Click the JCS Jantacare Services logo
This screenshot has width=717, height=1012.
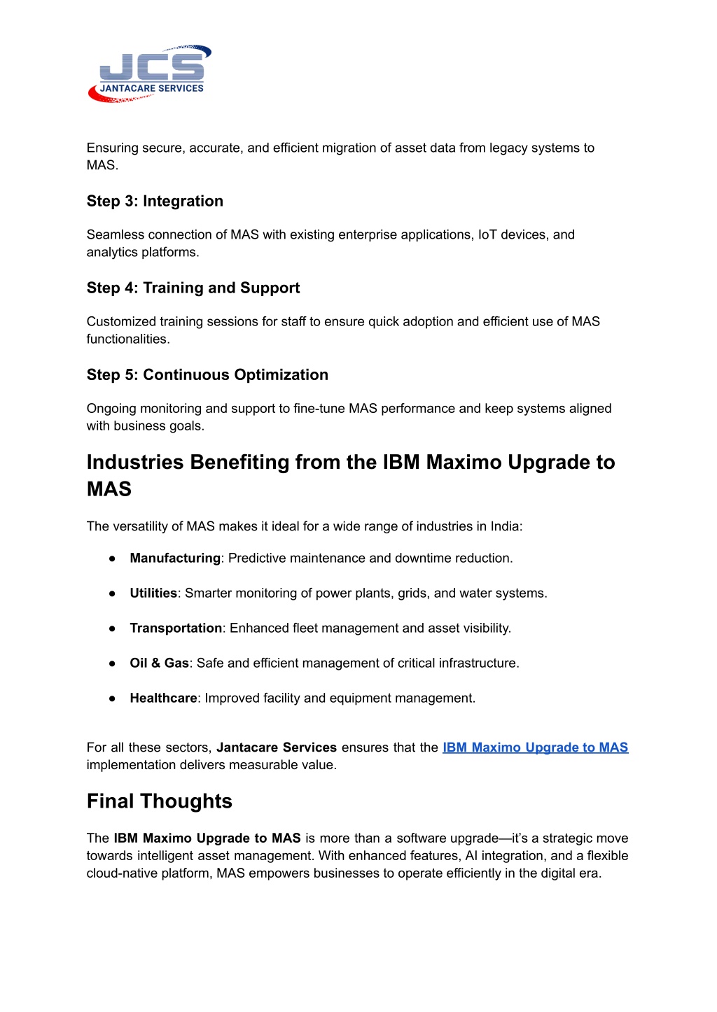click(x=150, y=74)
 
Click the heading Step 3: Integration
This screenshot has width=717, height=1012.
click(x=155, y=201)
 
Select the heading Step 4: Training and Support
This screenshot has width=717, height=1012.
click(x=193, y=288)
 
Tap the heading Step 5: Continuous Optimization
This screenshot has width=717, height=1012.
click(x=207, y=374)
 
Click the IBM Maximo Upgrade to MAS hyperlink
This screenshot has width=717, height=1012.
click(x=535, y=747)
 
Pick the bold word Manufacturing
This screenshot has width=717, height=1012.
click(x=175, y=558)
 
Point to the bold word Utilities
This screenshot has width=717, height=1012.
click(x=153, y=593)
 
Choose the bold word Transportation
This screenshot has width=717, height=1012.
click(x=176, y=628)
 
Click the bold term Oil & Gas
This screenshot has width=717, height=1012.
click(x=159, y=663)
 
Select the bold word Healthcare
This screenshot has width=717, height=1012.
click(x=163, y=698)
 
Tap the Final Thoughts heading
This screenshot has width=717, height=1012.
click(x=160, y=801)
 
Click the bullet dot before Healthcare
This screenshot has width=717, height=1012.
click(x=112, y=698)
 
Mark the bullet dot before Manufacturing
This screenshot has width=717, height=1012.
click(x=112, y=558)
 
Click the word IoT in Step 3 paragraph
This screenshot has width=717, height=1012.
click(x=487, y=234)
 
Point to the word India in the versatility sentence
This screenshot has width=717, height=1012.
click(x=505, y=526)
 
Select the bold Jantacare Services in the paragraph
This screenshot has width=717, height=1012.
click(x=277, y=747)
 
